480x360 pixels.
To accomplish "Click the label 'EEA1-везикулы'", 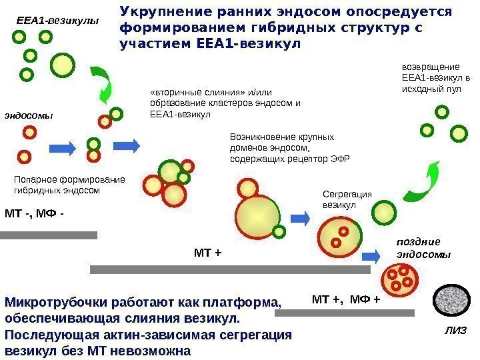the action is point(57,21).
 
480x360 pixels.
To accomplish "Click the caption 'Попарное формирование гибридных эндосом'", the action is point(69,185).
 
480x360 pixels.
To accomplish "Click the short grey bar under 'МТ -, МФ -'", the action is point(49,235).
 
